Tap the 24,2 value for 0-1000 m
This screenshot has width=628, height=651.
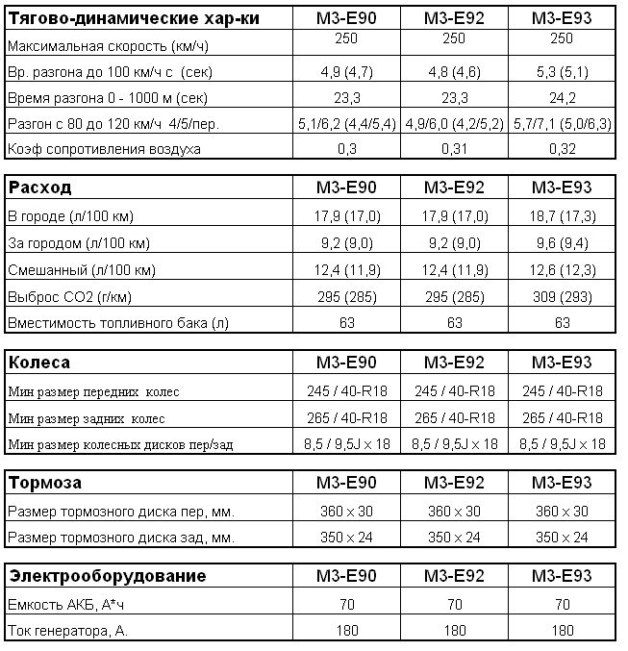pyautogui.click(x=562, y=97)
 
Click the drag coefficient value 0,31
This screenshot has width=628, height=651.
pyautogui.click(x=455, y=149)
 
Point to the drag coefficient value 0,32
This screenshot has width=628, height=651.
pyautogui.click(x=562, y=149)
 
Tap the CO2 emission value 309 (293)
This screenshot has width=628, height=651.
pyautogui.click(x=562, y=296)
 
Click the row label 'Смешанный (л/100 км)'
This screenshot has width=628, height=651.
pyautogui.click(x=81, y=269)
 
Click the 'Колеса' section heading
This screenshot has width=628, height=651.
pyautogui.click(x=38, y=363)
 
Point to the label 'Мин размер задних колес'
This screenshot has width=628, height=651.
pyautogui.click(x=87, y=418)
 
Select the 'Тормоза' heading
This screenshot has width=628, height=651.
pyautogui.click(x=44, y=482)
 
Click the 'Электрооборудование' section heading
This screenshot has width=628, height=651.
pyautogui.click(x=108, y=576)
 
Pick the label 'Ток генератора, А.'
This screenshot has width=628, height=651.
pyautogui.click(x=67, y=631)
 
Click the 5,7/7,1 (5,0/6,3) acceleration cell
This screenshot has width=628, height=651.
pyautogui.click(x=562, y=123)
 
